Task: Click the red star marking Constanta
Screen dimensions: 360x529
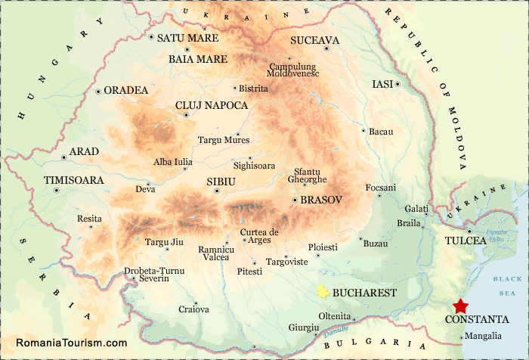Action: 459,306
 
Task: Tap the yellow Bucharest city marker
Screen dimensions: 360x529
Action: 323,292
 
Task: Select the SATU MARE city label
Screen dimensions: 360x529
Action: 187,38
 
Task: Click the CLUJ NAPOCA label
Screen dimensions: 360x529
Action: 211,105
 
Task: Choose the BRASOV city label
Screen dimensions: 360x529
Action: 321,200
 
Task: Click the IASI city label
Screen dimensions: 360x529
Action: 383,84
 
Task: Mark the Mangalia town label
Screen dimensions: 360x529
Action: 482,336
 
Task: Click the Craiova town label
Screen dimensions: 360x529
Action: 193,309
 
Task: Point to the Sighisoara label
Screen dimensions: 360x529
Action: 255,165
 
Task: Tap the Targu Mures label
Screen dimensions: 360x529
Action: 223,140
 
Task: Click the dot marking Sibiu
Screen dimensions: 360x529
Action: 217,191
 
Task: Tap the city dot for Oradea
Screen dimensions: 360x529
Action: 98,92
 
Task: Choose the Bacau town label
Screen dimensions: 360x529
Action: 382,132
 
